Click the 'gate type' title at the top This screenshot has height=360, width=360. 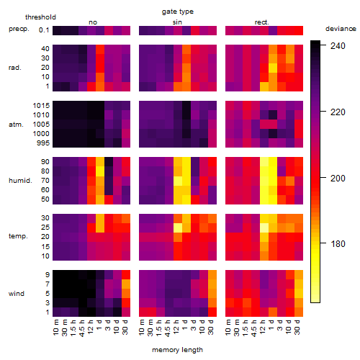pyautogui.click(x=178, y=12)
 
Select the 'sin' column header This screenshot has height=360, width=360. pyautogui.click(x=177, y=22)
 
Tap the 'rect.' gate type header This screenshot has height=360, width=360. pyautogui.click(x=261, y=22)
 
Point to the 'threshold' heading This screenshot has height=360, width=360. pyautogui.click(x=40, y=17)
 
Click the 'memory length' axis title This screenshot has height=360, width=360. pyautogui.click(x=177, y=350)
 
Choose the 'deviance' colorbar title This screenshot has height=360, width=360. pyautogui.click(x=341, y=29)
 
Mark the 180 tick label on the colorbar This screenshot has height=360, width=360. pyautogui.click(x=338, y=244)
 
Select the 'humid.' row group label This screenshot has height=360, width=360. pyautogui.click(x=20, y=181)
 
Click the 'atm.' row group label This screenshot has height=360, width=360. pyautogui.click(x=16, y=125)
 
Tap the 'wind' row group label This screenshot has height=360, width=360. pyautogui.click(x=17, y=294)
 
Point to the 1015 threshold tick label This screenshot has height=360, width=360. pyautogui.click(x=41, y=106)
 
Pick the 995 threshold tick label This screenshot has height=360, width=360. pyautogui.click(x=43, y=143)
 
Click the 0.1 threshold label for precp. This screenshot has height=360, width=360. pyautogui.click(x=44, y=30)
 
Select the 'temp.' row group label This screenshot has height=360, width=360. pyautogui.click(x=18, y=236)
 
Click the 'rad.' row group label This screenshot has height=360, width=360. pyautogui.click(x=15, y=68)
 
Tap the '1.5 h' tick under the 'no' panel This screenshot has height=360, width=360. pyautogui.click(x=73, y=328)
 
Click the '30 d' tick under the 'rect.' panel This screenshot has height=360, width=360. pyautogui.click(x=297, y=327)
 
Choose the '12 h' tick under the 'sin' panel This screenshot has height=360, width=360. pyautogui.click(x=176, y=327)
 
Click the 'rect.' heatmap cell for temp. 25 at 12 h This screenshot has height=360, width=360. pyautogui.click(x=264, y=228)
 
